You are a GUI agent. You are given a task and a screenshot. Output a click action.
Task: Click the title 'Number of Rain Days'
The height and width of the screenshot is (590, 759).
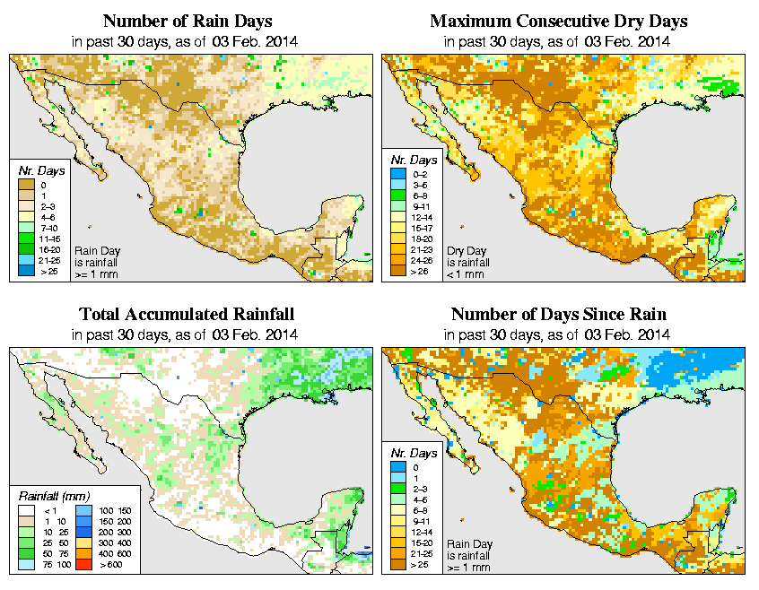pos(188,21)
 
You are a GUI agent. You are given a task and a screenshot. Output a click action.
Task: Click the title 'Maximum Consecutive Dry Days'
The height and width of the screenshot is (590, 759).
pos(558,21)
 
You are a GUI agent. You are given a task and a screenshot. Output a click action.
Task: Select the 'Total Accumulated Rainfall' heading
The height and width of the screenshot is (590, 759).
pos(187,314)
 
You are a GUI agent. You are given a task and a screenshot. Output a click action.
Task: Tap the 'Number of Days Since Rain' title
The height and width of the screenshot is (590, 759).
pos(558,314)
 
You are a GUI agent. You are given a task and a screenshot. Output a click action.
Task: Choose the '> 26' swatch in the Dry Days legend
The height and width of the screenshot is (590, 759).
pos(398,271)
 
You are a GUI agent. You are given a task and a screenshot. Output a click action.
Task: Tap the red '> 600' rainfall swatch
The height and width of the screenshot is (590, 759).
pos(83,567)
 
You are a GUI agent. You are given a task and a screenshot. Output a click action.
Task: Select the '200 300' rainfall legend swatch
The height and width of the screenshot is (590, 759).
pos(83,533)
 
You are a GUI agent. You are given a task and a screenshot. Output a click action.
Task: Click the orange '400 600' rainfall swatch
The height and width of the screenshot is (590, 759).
pos(83,555)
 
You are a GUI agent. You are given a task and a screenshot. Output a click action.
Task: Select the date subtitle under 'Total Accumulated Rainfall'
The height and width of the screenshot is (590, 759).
pos(187,334)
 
